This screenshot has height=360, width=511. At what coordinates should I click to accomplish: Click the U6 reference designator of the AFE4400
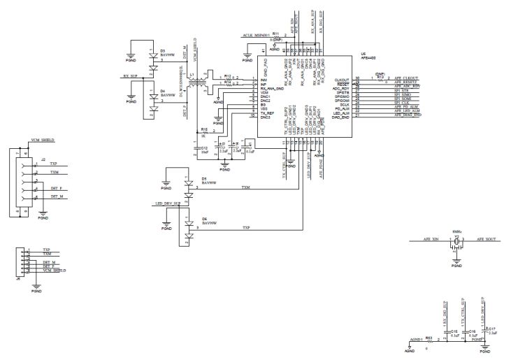362,52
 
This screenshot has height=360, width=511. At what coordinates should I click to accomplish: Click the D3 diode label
162,50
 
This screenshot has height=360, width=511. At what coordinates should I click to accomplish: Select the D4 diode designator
162,92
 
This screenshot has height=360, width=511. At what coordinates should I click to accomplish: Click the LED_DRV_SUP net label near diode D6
168,203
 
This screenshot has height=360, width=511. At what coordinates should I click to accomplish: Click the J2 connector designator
43,160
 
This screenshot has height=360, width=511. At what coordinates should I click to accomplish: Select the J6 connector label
17,277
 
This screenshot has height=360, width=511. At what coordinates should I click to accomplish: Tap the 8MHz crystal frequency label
456,231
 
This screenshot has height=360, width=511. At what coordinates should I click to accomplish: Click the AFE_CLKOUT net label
406,78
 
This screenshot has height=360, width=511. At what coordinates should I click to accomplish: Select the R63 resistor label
429,337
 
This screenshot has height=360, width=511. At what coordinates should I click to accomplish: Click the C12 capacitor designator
204,147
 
